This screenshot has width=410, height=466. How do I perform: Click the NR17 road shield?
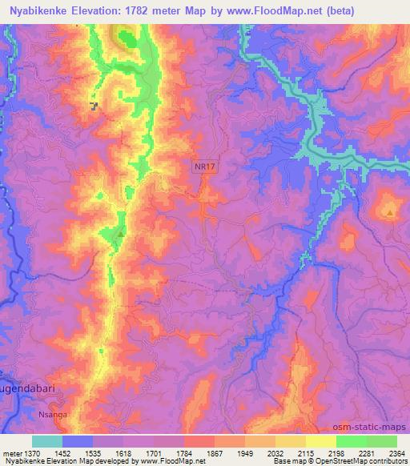[204, 167]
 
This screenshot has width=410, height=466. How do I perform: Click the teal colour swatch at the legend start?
[47, 441]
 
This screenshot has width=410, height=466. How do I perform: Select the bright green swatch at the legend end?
[381, 441]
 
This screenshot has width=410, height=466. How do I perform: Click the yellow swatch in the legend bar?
[320, 441]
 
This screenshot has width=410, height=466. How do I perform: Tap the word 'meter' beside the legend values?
[11, 453]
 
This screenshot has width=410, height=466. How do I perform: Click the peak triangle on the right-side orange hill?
[390, 213]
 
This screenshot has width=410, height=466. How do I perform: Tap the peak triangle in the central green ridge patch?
[120, 233]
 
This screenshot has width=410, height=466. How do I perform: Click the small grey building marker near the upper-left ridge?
[94, 106]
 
